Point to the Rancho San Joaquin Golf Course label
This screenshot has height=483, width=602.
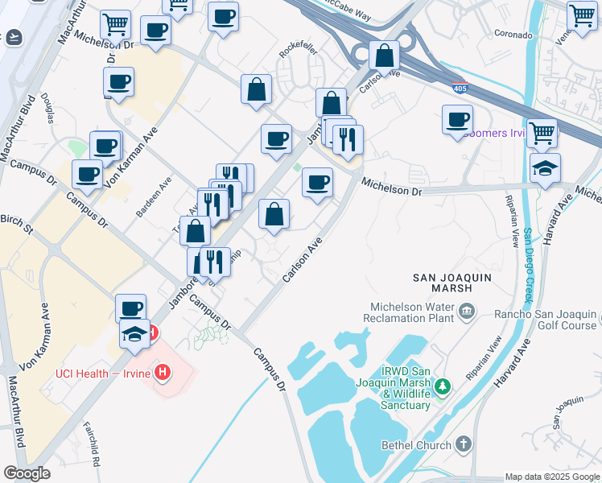(x=546, y=320)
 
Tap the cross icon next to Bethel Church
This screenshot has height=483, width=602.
(x=463, y=444)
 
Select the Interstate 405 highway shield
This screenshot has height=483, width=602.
(x=460, y=88)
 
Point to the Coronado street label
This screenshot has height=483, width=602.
(x=513, y=35)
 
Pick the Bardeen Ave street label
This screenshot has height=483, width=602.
(x=154, y=198)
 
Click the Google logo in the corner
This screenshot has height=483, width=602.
(x=27, y=473)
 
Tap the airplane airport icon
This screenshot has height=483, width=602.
(x=13, y=37)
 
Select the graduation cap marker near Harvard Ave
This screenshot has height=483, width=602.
(x=545, y=168)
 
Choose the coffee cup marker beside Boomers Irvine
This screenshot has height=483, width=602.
(x=457, y=120)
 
